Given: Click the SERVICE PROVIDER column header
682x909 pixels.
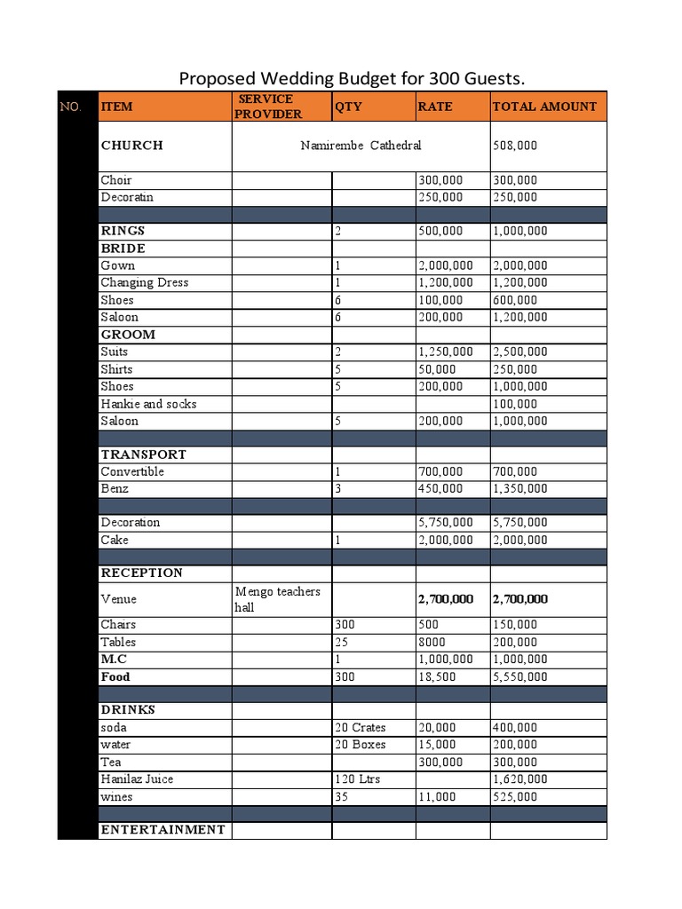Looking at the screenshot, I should click(x=267, y=107).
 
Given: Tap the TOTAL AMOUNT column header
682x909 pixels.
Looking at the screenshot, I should click(x=544, y=107).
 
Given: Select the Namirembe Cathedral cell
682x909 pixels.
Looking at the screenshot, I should click(x=361, y=146).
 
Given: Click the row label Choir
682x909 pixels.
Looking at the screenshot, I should click(x=116, y=180).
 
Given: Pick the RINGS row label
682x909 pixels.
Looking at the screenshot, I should click(x=123, y=231).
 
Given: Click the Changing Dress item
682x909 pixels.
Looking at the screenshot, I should click(x=144, y=282).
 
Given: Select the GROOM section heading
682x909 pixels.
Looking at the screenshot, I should click(x=128, y=335).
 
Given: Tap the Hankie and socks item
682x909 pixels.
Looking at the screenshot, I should click(x=148, y=404).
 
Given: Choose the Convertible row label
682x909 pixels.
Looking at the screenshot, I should click(x=132, y=471).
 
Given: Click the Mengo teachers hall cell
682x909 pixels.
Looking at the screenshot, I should click(x=278, y=599).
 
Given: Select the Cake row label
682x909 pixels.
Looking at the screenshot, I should click(x=115, y=540).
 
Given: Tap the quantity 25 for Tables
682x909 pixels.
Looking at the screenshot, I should click(x=342, y=642).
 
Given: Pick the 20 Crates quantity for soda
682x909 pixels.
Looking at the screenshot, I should click(x=361, y=728).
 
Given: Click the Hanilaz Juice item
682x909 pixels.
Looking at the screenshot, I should click(x=137, y=779).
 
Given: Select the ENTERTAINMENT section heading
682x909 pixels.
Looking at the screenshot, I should click(x=163, y=830).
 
